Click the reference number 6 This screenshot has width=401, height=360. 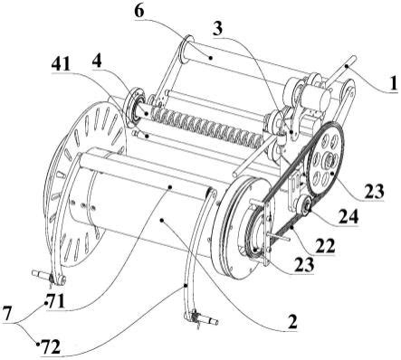pyautogui.click(x=139, y=11)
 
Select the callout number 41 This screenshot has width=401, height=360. pyautogui.click(x=61, y=63)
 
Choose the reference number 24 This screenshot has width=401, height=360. pyautogui.click(x=348, y=216)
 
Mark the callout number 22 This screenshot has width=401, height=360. pyautogui.click(x=325, y=246)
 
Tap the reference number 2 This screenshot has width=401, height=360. pyautogui.click(x=292, y=322)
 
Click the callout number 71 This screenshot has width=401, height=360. pyautogui.click(x=57, y=301)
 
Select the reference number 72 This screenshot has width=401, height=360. pyautogui.click(x=51, y=346)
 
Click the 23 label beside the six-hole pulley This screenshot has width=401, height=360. pyautogui.click(x=373, y=191)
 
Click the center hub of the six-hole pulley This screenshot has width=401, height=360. pyautogui.click(x=327, y=159)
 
